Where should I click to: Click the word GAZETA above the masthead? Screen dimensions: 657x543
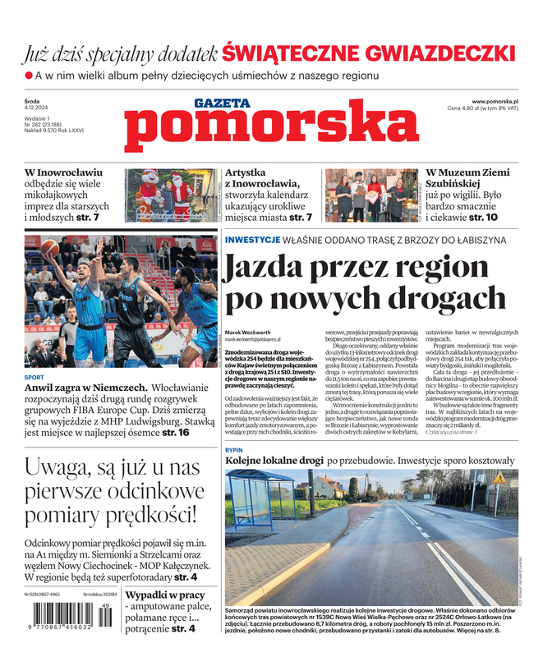pyautogui.click(x=222, y=103)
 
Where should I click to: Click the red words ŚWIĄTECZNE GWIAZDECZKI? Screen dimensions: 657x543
pyautogui.click(x=369, y=54)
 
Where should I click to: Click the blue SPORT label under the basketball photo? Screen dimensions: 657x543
pyautogui.click(x=35, y=378)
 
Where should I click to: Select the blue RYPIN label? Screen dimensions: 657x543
pyautogui.click(x=234, y=451)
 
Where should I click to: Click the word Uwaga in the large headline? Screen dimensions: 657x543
pyautogui.click(x=62, y=468)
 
